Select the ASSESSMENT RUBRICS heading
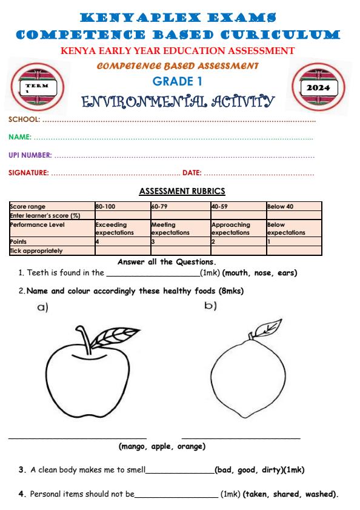[182, 191]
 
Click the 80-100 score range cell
[105, 207]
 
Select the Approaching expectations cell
[230, 229]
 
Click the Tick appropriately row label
[36, 250]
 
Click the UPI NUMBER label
[30, 156]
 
